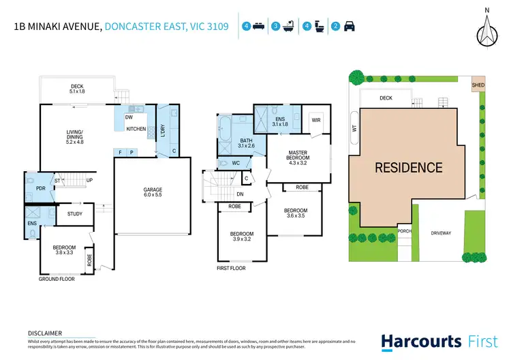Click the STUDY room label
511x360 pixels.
point(75,214)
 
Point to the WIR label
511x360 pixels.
point(315,120)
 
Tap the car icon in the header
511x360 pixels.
point(350,27)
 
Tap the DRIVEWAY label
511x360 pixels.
point(441,233)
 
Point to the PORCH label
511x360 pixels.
point(404,231)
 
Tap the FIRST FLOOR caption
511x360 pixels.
point(232,268)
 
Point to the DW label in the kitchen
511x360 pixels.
point(128,117)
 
